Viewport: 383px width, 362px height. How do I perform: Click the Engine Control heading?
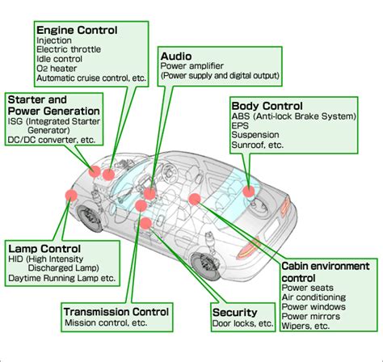pyautogui.click(x=77, y=30)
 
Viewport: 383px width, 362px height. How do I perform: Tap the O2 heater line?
pyautogui.click(x=57, y=69)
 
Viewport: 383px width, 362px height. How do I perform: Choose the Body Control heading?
pyautogui.click(x=267, y=106)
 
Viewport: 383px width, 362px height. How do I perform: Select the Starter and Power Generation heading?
pyautogui.click(x=53, y=104)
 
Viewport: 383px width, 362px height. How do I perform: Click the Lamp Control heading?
pyautogui.click(x=44, y=248)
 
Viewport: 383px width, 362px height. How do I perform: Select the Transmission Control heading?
pyautogui.click(x=116, y=312)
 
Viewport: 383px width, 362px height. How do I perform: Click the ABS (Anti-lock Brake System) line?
pyautogui.click(x=293, y=117)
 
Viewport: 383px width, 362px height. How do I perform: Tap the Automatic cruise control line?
pyautogui.click(x=90, y=79)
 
